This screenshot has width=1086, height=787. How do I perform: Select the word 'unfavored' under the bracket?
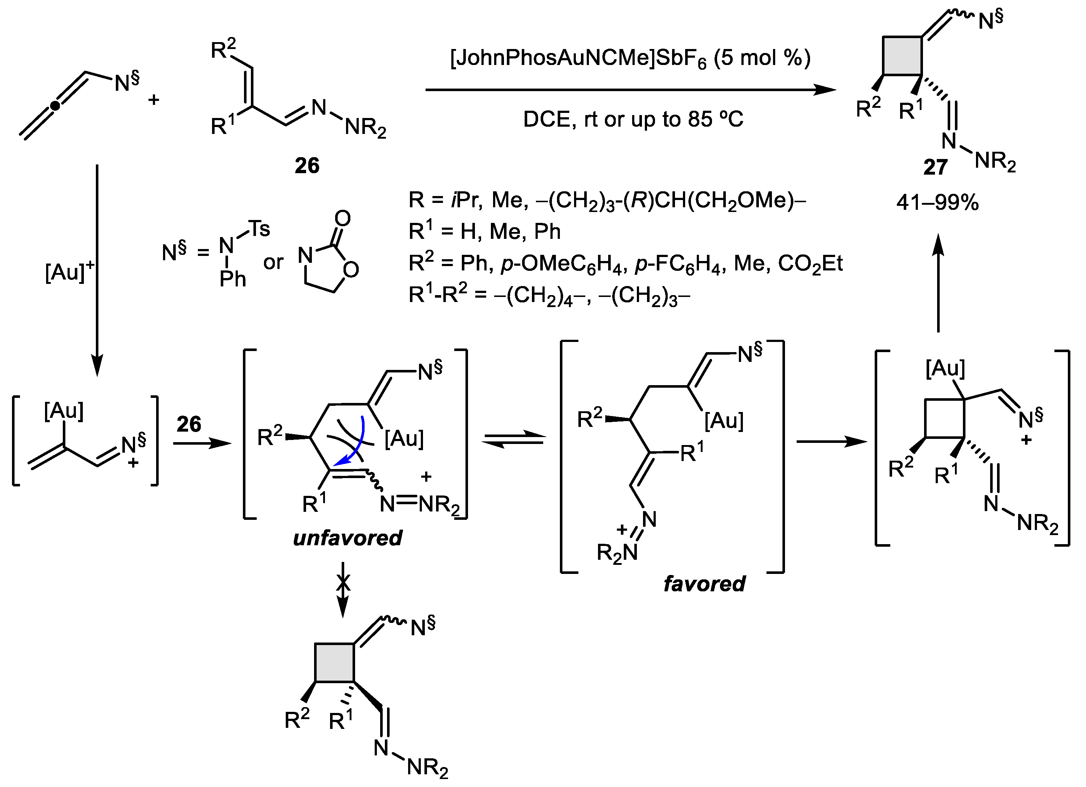pyautogui.click(x=347, y=538)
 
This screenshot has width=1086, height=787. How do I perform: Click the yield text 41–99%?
pyautogui.click(x=937, y=203)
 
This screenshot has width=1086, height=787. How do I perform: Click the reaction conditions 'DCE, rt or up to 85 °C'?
pyautogui.click(x=633, y=119)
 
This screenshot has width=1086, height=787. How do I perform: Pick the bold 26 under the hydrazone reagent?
pyautogui.click(x=307, y=166)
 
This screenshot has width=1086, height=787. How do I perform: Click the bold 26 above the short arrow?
pyautogui.click(x=189, y=424)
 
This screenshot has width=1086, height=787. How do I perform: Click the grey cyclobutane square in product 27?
pyautogui.click(x=902, y=56)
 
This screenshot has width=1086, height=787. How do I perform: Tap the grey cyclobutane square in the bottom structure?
pyautogui.click(x=334, y=662)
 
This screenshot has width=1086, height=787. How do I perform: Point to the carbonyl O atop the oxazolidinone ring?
pyautogui.click(x=342, y=219)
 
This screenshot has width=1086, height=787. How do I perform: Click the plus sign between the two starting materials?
pyautogui.click(x=153, y=100)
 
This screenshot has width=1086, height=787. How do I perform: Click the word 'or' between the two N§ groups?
pyautogui.click(x=273, y=262)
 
